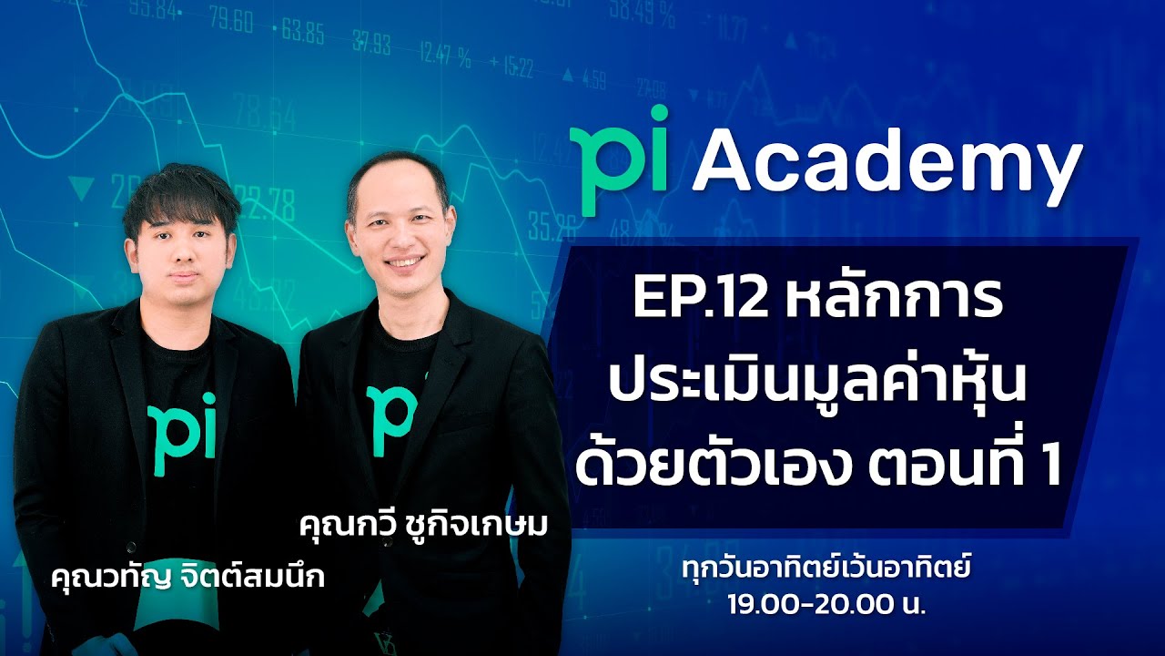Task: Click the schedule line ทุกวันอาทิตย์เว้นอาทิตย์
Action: pos(826,571)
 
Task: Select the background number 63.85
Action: pos(303,36)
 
